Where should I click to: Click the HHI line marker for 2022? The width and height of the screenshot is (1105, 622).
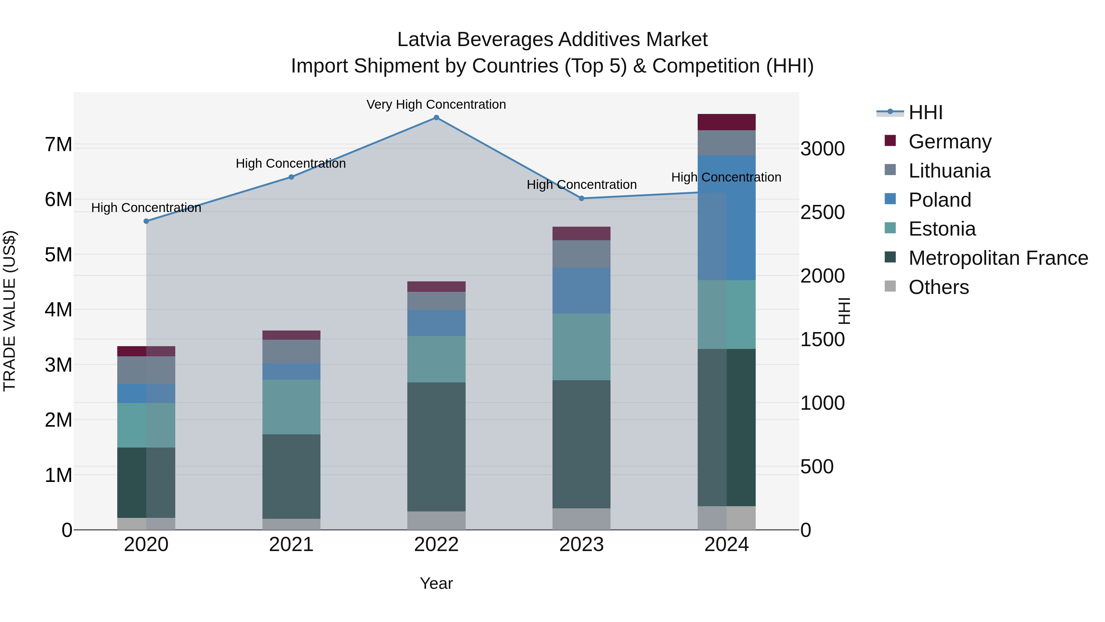click(x=436, y=118)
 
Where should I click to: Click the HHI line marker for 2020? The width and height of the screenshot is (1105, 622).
click(x=146, y=221)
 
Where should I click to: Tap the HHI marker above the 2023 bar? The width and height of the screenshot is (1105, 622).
click(x=581, y=198)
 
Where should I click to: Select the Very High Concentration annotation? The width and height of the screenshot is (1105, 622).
click(x=436, y=104)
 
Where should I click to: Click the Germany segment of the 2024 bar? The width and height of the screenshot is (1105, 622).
click(x=726, y=122)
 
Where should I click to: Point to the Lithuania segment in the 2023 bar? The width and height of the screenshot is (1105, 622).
click(x=581, y=254)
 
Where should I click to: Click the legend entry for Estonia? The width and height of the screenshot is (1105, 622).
click(x=942, y=229)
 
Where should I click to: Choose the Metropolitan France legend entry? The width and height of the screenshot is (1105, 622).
click(x=998, y=258)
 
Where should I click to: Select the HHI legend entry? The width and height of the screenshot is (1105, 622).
click(x=925, y=112)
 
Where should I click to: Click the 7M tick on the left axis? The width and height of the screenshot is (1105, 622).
click(x=58, y=145)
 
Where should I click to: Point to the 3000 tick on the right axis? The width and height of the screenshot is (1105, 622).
click(x=822, y=149)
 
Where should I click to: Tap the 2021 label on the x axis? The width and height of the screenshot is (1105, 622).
click(x=291, y=545)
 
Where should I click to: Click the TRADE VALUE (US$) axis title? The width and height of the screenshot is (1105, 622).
click(x=10, y=311)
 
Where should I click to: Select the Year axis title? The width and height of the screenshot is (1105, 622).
click(x=436, y=583)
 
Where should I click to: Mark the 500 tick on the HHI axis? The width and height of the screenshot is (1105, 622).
click(x=817, y=467)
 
